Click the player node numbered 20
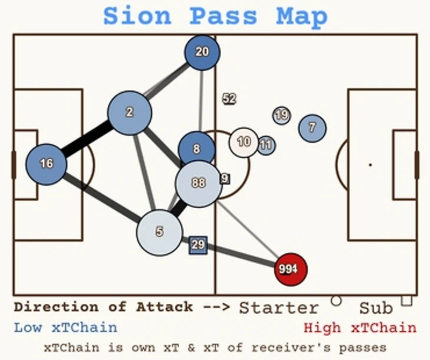(202, 52)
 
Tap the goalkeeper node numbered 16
(46, 164)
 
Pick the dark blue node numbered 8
(197, 150)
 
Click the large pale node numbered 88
(199, 183)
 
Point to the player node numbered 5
(159, 232)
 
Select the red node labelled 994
(291, 269)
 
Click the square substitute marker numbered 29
(198, 245)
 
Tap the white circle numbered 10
(244, 142)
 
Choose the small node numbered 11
(266, 144)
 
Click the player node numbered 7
(312, 128)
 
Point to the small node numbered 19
(282, 115)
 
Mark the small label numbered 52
(229, 99)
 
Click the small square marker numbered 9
(225, 178)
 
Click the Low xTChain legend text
(65, 328)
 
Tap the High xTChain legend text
(359, 328)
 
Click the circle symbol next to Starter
(336, 301)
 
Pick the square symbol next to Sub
(406, 300)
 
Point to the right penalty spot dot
(370, 165)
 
